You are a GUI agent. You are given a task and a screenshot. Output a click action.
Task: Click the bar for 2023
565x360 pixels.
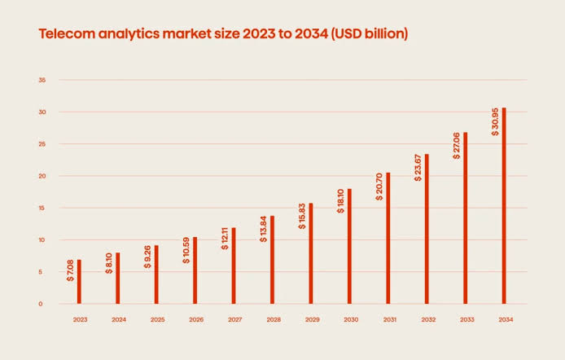pyautogui.click(x=79, y=282)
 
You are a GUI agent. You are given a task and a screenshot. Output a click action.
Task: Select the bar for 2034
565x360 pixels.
pyautogui.click(x=504, y=205)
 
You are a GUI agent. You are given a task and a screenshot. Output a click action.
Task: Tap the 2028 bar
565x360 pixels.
pyautogui.click(x=273, y=260)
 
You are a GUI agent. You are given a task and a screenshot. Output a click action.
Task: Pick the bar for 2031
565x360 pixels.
pyautogui.click(x=388, y=238)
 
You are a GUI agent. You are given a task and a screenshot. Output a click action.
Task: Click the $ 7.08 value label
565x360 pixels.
pyautogui.click(x=70, y=270)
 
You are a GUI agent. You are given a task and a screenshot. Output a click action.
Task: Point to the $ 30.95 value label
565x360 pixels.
pyautogui.click(x=495, y=122)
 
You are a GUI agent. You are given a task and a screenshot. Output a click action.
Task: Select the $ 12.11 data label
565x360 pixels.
pyautogui.click(x=225, y=239)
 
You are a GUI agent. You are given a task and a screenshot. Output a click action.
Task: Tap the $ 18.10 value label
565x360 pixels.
pyautogui.click(x=340, y=201)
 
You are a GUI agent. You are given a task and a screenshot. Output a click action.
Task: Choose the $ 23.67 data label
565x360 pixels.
pyautogui.click(x=418, y=168)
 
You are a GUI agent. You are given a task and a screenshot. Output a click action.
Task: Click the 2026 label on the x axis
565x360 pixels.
pyautogui.click(x=196, y=319)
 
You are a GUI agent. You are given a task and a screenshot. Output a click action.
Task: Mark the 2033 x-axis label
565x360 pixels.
pyautogui.click(x=467, y=319)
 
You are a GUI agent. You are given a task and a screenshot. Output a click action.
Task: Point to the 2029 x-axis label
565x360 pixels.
pyautogui.click(x=312, y=319)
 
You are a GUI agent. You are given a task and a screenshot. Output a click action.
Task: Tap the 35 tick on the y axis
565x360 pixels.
pyautogui.click(x=42, y=80)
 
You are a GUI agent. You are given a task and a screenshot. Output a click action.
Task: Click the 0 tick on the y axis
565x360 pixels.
pyautogui.click(x=41, y=304)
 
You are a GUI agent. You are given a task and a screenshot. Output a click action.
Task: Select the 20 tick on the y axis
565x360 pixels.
pyautogui.click(x=42, y=176)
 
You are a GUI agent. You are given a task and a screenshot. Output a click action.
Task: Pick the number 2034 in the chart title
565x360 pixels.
pyautogui.click(x=311, y=34)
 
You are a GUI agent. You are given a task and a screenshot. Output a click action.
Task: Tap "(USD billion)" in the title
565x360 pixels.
pyautogui.click(x=370, y=34)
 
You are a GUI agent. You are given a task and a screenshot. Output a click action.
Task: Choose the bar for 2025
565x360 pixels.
pyautogui.click(x=156, y=274)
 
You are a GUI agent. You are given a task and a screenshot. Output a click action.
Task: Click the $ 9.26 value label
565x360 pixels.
pyautogui.click(x=147, y=257)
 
